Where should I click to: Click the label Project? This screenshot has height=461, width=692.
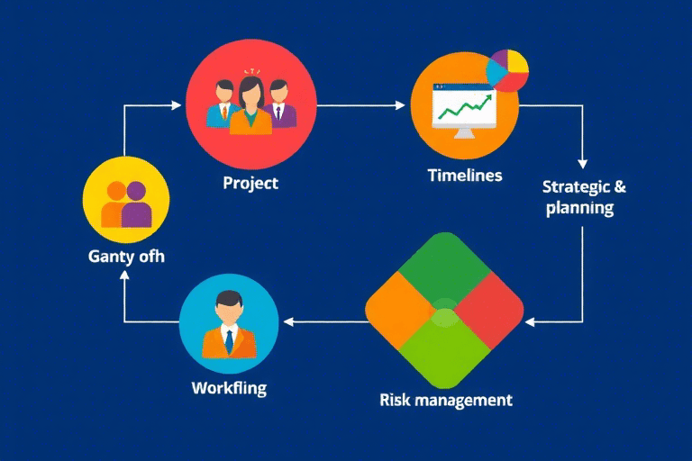(x=250, y=184)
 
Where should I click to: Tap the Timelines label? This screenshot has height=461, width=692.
(x=465, y=176)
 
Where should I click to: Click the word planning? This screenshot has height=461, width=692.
(x=579, y=208)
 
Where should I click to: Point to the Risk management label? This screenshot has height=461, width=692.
(x=446, y=400)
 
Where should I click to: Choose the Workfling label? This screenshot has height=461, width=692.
(x=229, y=388)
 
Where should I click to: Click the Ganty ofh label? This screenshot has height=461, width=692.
(x=126, y=257)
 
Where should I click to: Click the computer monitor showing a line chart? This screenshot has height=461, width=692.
(x=464, y=111)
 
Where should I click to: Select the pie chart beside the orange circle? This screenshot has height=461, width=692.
(x=507, y=70)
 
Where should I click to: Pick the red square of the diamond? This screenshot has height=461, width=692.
(x=490, y=310)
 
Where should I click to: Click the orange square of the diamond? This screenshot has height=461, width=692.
(x=398, y=310)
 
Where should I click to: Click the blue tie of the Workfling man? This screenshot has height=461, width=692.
(x=229, y=341)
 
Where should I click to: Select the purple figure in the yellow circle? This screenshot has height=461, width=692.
(x=137, y=205)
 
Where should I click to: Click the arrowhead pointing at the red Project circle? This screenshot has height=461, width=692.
(x=176, y=105)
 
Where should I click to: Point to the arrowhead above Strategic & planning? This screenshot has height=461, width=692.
(x=583, y=164)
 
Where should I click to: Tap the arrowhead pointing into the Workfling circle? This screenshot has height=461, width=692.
(x=288, y=321)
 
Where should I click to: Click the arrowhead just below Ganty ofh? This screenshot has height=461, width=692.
(x=125, y=276)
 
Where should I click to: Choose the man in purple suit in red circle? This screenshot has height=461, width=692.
(x=280, y=104)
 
